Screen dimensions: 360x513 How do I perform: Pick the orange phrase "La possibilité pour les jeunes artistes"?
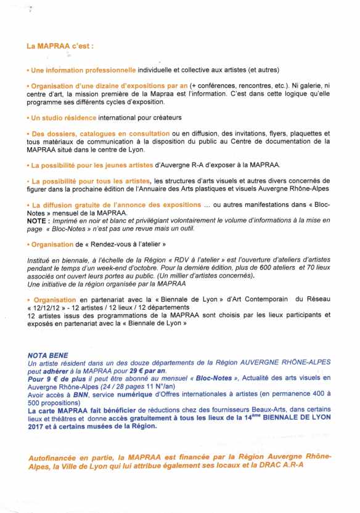(x=85, y=165)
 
